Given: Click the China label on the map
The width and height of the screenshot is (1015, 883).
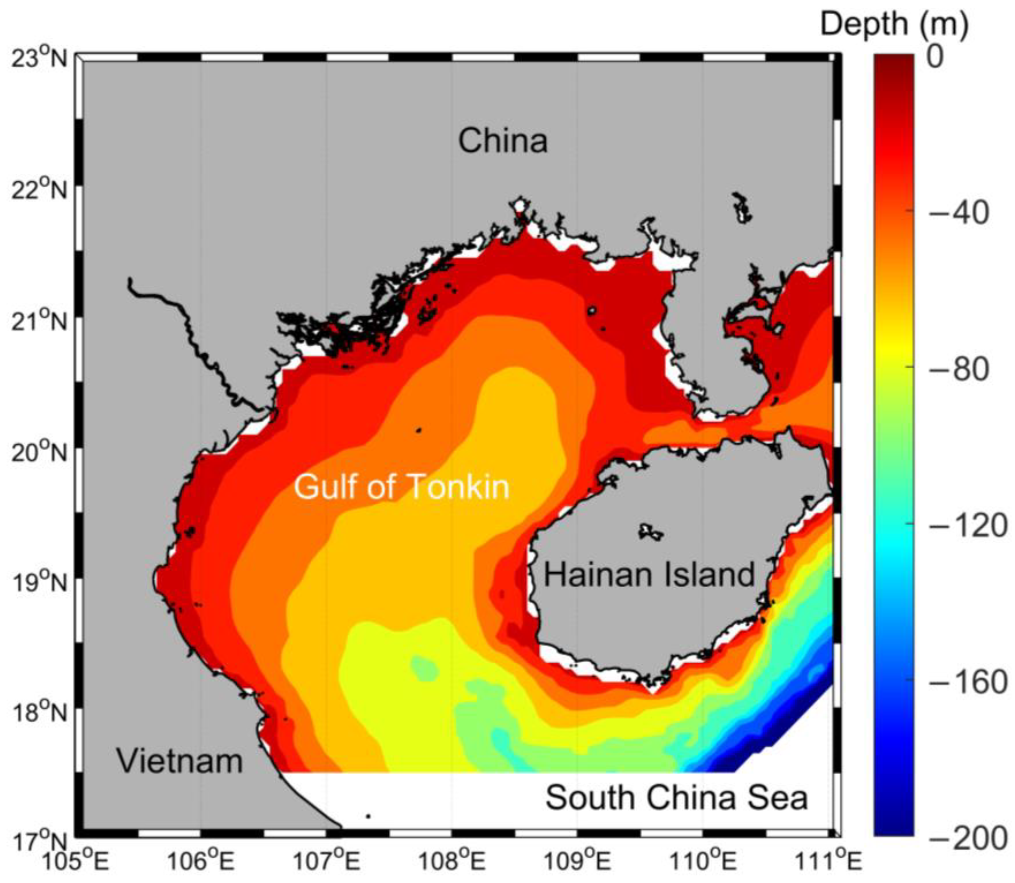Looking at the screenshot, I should coord(503,141).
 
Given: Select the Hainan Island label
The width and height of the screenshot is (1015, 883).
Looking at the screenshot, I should coord(649,575).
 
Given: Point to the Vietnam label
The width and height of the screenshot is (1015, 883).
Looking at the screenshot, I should coord(180,761).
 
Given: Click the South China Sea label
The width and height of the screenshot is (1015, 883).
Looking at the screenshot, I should coord(677,811).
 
